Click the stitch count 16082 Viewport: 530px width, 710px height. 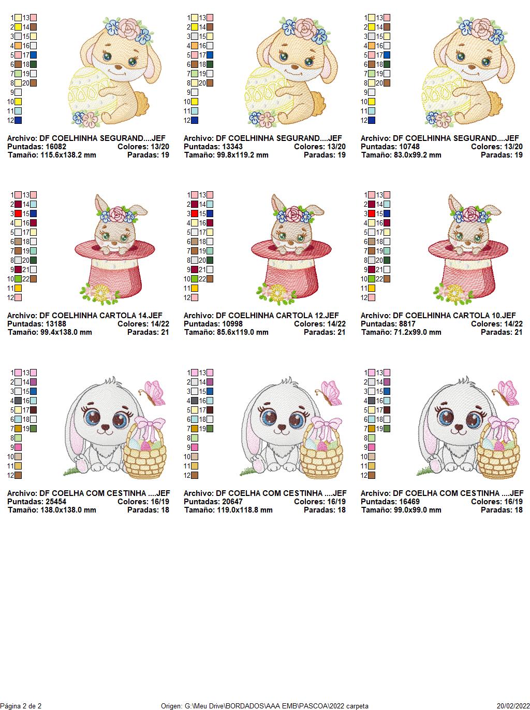coord(56,147)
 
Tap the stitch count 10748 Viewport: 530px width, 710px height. coord(409,147)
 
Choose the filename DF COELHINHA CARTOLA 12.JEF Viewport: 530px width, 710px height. coord(277,316)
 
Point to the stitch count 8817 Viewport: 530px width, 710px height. coord(407,324)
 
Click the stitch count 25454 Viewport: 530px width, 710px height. coord(56,502)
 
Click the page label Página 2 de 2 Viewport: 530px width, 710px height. coord(21,706)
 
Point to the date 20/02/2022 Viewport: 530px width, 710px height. coord(513,706)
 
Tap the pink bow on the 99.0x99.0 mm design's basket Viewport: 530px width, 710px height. coord(503,424)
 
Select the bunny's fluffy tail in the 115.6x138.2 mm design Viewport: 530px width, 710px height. coord(142,101)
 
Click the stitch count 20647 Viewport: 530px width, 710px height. coord(232,502)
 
